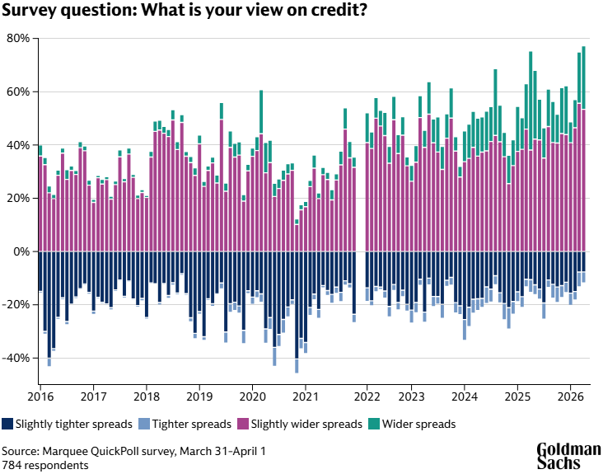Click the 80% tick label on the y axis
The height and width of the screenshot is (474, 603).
18,39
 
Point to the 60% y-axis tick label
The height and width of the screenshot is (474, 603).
18,92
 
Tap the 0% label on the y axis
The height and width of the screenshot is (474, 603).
21,251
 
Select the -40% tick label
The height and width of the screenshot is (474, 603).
16,358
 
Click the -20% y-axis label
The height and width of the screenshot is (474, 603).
16,305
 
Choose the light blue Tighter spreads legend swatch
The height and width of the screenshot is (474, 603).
144,425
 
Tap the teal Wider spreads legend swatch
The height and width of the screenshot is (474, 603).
374,425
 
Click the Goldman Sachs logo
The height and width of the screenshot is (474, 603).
568,456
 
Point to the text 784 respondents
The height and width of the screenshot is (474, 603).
44,466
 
